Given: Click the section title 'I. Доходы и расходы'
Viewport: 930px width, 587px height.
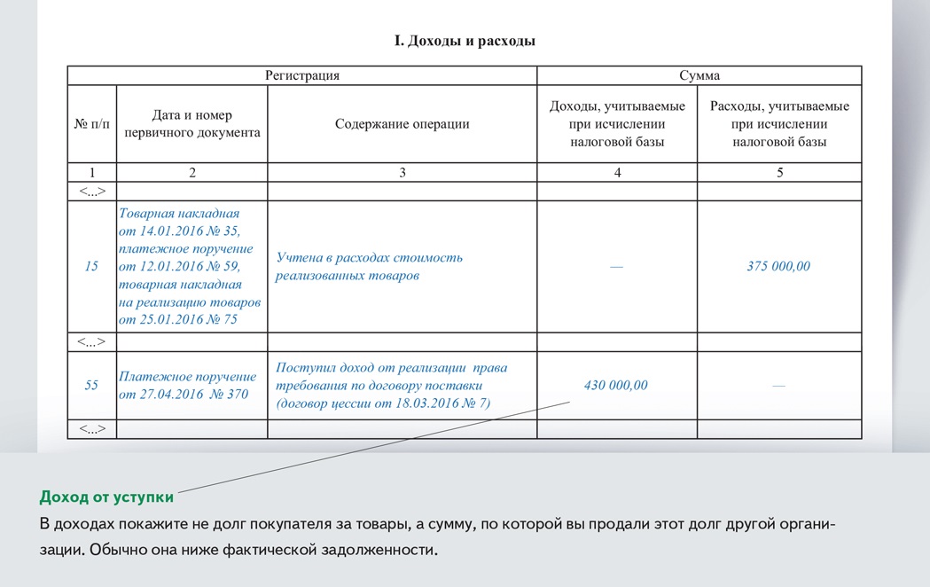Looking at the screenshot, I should coord(465,41).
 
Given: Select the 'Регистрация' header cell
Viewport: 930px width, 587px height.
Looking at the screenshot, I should coord(302,75).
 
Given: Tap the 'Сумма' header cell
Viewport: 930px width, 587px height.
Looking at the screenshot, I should coord(699,75).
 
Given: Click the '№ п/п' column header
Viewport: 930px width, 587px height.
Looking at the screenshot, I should coord(91,124).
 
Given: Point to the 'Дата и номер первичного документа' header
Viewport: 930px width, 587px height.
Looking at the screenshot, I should coord(192,124).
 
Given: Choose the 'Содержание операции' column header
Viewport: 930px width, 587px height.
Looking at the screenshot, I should coord(402,124).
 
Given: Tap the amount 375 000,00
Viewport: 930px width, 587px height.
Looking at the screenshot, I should coord(778,266).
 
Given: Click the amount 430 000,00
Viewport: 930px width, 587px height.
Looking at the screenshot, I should coord(616,385).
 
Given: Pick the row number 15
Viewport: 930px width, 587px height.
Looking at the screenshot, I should coord(91,266).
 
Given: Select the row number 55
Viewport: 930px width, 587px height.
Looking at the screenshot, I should coord(91,385).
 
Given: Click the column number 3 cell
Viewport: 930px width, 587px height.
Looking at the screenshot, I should coord(402,173).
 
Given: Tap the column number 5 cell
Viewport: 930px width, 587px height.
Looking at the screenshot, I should coord(779,173).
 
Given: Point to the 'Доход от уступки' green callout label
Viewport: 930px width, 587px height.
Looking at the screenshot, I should coord(106,497).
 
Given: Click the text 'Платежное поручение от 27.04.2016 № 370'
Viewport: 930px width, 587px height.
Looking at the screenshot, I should coord(187,385).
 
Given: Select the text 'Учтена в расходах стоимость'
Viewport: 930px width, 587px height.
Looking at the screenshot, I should coord(369,258).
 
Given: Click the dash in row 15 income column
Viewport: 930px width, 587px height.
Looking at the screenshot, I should coord(616,267).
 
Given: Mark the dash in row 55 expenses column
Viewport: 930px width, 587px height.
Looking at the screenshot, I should coord(778,386).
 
